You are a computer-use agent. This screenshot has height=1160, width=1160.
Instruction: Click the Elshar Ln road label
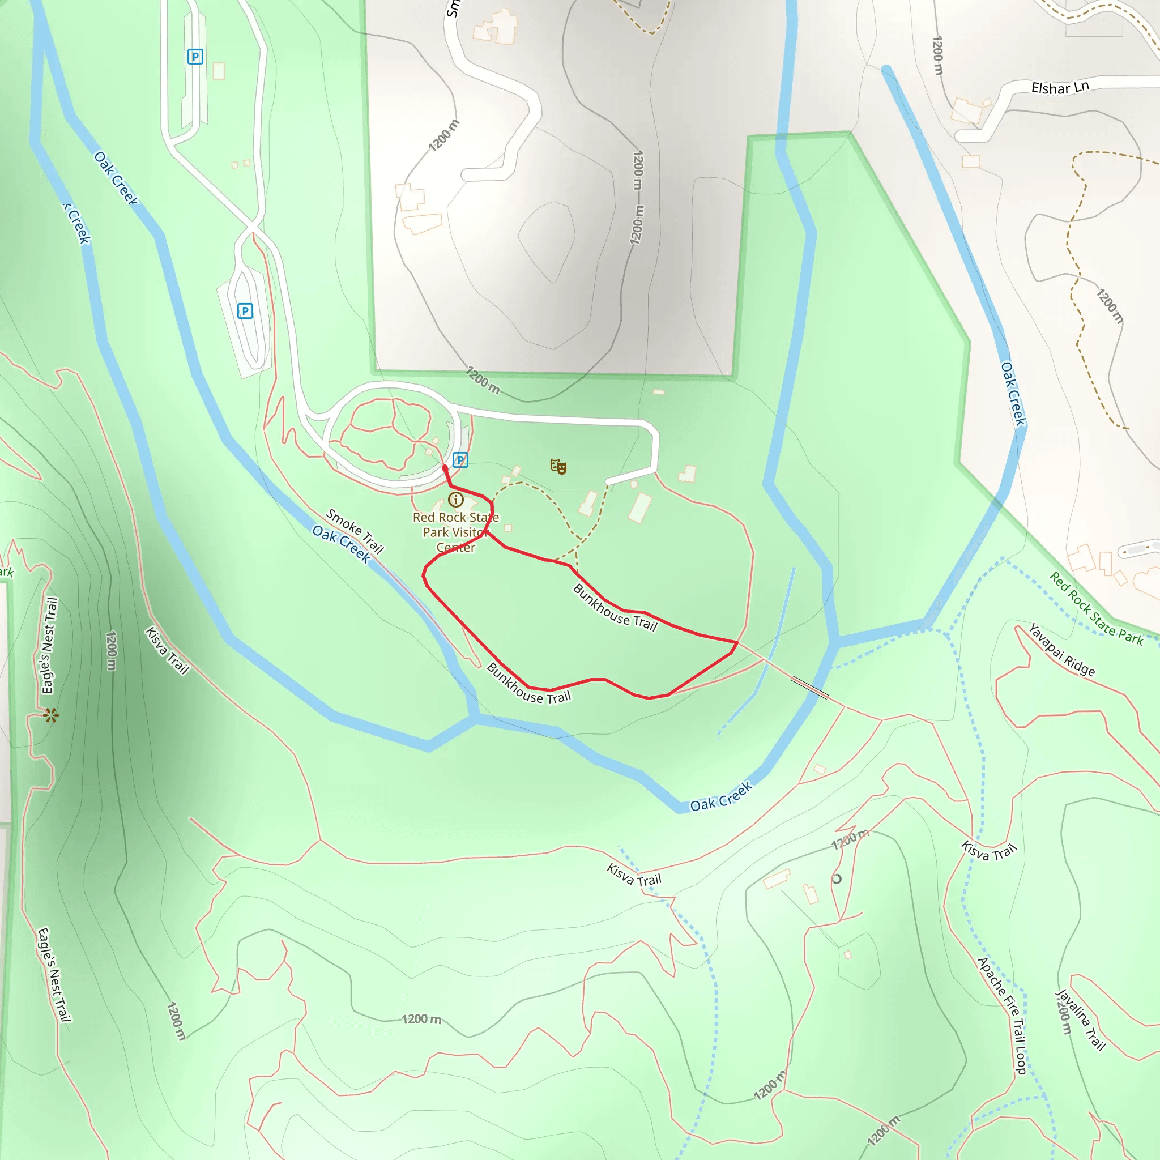pyautogui.click(x=1060, y=88)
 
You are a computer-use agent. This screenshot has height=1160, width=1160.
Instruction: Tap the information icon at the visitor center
pyautogui.click(x=456, y=499)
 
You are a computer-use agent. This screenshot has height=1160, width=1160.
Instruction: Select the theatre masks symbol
pyautogui.click(x=558, y=466)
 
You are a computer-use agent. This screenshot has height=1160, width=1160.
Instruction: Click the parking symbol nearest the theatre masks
pyautogui.click(x=460, y=460)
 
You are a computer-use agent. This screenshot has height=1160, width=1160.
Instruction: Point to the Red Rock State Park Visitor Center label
pyautogui.click(x=456, y=532)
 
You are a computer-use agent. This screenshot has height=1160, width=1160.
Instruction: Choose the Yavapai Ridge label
pyautogui.click(x=1061, y=650)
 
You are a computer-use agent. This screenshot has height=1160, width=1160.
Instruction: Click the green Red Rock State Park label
pyautogui.click(x=1096, y=608)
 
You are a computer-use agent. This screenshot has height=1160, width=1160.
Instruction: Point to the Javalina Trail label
pyautogui.click(x=1080, y=1020)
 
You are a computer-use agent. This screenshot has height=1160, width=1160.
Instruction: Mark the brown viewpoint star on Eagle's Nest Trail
pyautogui.click(x=51, y=715)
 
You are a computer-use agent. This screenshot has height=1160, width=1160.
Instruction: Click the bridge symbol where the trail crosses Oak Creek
pyautogui.click(x=809, y=688)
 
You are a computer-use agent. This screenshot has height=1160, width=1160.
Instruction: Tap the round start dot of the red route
pyautogui.click(x=445, y=467)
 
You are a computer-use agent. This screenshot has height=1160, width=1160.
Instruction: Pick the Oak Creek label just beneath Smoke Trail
pyautogui.click(x=342, y=543)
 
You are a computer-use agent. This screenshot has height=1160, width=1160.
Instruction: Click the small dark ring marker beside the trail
pyautogui.click(x=837, y=879)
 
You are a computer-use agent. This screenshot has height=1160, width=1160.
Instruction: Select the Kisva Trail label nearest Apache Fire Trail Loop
pyautogui.click(x=988, y=851)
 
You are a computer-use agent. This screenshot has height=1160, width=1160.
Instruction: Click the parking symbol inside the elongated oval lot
pyautogui.click(x=245, y=311)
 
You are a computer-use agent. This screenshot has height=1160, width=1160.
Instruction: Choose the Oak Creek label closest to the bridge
pyautogui.click(x=720, y=796)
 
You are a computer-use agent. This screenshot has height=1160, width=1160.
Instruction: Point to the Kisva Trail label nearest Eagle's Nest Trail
pyautogui.click(x=167, y=650)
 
